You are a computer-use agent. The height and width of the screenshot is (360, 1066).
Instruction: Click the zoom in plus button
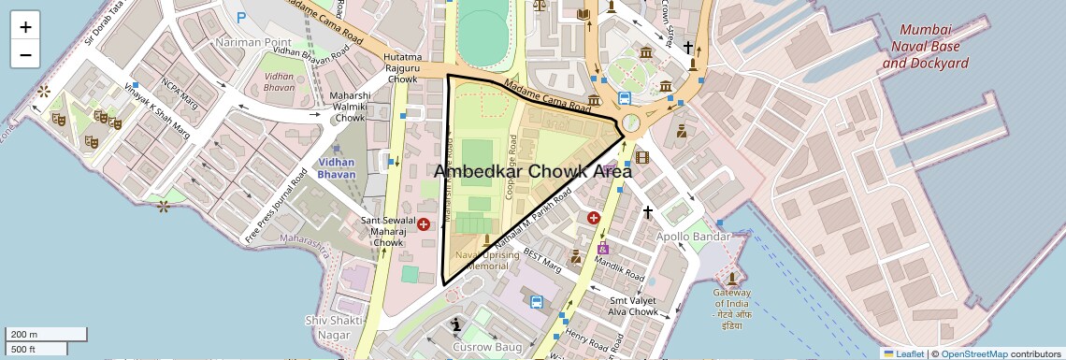point(25,27)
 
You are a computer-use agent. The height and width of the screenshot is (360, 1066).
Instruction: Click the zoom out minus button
point(25,54)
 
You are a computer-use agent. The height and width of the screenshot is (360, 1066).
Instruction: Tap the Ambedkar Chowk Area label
point(533,172)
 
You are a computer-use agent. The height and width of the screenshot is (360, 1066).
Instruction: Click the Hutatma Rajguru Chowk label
point(401,68)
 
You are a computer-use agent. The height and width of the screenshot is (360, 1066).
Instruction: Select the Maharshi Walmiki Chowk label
point(350,107)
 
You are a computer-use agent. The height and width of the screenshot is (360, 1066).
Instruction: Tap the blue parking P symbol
point(241,17)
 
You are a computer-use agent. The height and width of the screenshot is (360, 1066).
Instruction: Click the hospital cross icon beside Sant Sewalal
point(424,224)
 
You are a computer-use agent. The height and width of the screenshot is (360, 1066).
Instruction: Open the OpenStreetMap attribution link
point(973,353)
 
